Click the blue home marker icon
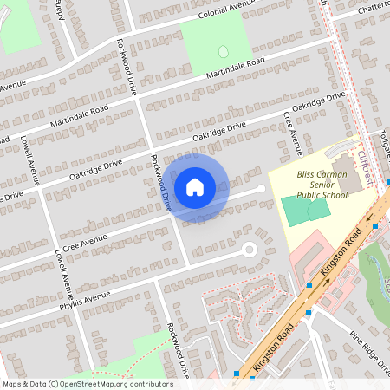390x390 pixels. [x=195, y=186]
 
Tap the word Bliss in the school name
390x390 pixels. [x=309, y=173]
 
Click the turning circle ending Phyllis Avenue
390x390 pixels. [x=250, y=250]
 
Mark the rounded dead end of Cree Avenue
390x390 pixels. [x=261, y=188]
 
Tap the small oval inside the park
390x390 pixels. [x=223, y=52]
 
